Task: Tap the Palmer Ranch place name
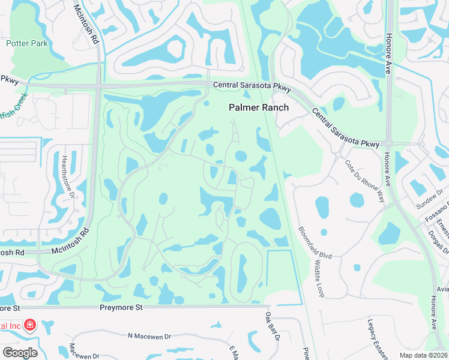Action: (259, 107)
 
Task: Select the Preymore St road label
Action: (121, 307)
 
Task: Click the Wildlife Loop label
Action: (316, 277)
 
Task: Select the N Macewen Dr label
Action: (149, 336)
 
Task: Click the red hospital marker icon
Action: (30, 326)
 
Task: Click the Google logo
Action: (20, 353)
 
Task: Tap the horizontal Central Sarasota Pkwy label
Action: (252, 86)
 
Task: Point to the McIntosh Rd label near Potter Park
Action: (86, 25)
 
